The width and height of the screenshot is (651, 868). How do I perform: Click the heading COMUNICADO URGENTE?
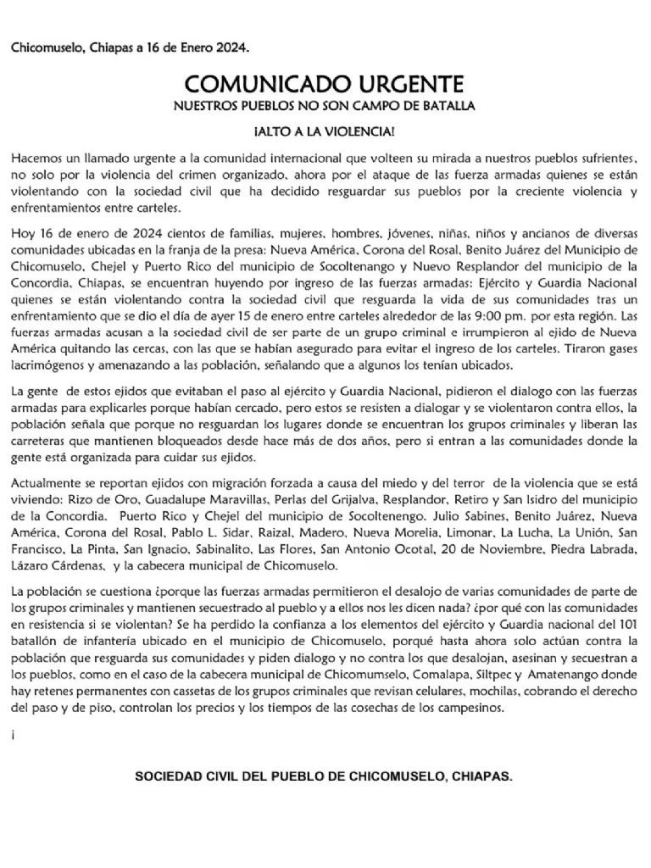point(325,84)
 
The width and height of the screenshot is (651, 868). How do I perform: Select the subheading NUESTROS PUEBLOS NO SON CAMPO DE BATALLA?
point(325,106)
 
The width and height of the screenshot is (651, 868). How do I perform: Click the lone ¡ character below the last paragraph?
point(14,737)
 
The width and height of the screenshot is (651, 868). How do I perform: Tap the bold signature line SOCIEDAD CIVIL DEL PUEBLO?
point(325,776)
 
